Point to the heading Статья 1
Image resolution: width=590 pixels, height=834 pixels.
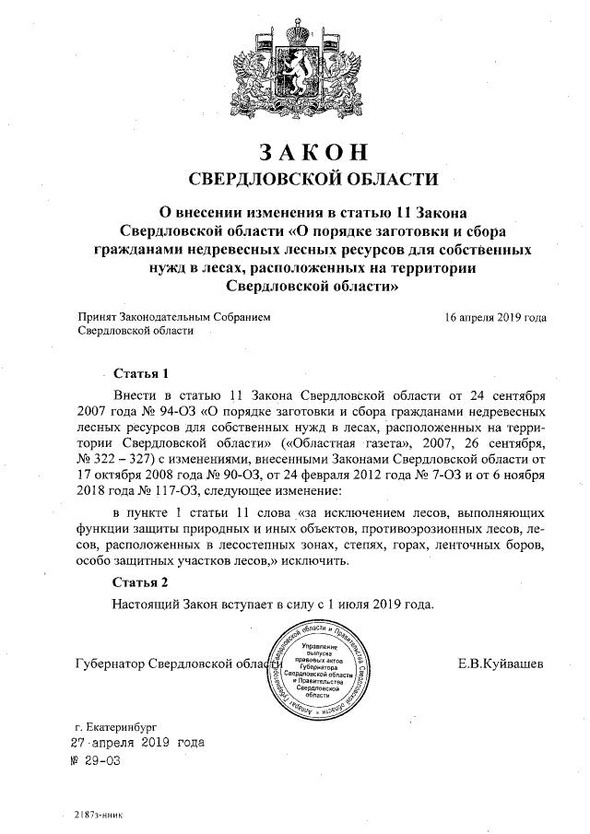click(x=140, y=374)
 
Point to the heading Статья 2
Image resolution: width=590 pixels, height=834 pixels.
click(x=140, y=582)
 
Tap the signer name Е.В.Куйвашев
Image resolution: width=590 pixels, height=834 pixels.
click(x=500, y=664)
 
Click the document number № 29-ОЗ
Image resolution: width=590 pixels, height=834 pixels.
click(x=96, y=761)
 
